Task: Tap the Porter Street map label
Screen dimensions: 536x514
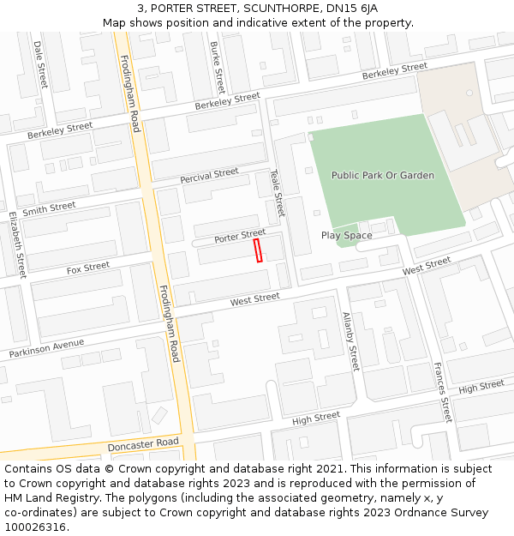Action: pos(240,236)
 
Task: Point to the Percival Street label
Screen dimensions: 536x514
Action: pos(209,176)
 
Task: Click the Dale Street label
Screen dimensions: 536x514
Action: pos(40,64)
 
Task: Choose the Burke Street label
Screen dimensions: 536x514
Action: pos(218,67)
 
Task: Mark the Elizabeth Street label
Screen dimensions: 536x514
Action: pos(17,244)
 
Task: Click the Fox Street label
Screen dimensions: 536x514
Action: pos(88,268)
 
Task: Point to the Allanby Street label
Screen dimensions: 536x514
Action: pos(350,341)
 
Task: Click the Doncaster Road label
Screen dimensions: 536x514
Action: pos(143,446)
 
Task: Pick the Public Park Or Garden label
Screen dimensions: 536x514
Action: pos(383,175)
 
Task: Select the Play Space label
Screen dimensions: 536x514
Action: pos(346,235)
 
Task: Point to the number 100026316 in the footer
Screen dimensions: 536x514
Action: pos(34,527)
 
